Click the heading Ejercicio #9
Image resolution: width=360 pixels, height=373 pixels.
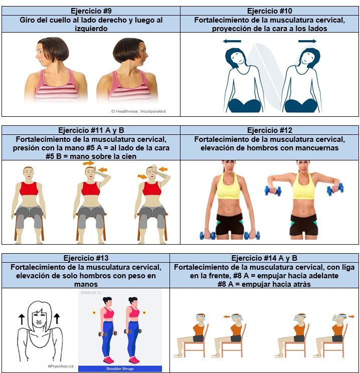tap(91, 11)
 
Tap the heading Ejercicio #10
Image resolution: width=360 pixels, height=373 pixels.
tap(270, 11)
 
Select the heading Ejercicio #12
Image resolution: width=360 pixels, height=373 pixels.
tap(270, 130)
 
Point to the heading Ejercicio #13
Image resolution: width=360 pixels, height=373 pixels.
tap(86, 258)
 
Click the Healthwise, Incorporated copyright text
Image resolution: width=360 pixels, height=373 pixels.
tap(138, 111)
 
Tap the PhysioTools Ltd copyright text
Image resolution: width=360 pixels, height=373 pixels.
tap(61, 366)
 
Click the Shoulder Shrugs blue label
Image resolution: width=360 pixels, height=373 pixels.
tap(120, 368)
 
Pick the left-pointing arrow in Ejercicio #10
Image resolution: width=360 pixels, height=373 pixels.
tap(232, 41)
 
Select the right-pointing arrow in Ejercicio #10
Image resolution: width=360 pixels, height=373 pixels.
tap(307, 41)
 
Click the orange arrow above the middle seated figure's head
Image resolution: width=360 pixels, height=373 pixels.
tap(89, 163)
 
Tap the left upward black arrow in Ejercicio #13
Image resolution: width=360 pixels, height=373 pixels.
tap(22, 319)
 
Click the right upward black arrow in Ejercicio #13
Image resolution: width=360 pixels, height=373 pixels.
tap(57, 319)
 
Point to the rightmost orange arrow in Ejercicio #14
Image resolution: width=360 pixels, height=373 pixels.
tap(351, 316)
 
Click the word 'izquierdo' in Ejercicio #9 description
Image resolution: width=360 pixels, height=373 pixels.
tap(91, 29)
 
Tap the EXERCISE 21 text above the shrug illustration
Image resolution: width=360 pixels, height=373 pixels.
tap(91, 293)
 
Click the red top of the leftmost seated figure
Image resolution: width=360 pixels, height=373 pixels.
tap(29, 189)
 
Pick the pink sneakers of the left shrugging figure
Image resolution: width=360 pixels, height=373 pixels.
tap(108, 360)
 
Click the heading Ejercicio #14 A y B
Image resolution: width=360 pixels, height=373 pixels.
tap(264, 258)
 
